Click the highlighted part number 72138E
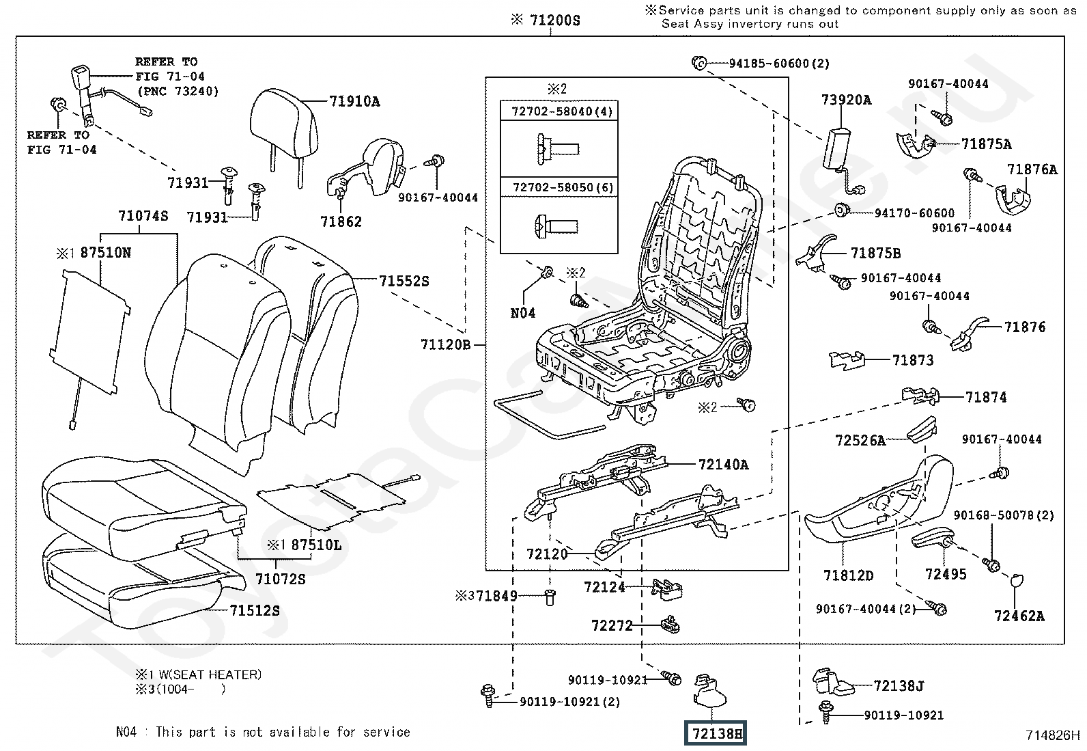click(716, 733)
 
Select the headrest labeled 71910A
click(285, 130)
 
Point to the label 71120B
click(445, 345)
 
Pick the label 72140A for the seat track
click(723, 465)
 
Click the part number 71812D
click(848, 575)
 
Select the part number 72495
click(946, 574)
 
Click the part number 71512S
click(255, 610)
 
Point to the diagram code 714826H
click(1052, 735)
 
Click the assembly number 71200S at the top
click(554, 21)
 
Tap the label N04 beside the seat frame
click(523, 313)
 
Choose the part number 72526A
click(860, 441)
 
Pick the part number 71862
click(341, 221)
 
